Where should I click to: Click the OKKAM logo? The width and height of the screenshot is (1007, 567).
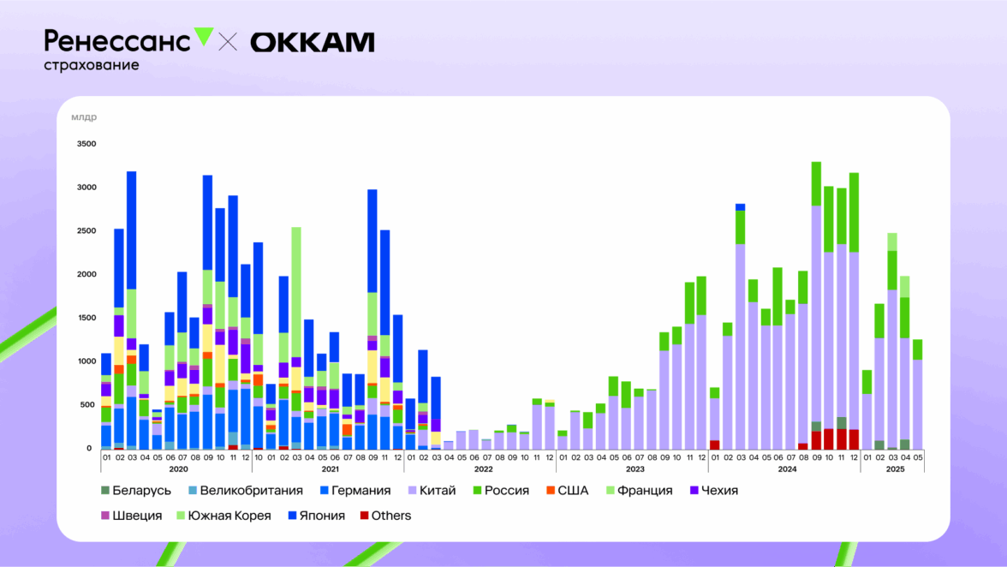313,42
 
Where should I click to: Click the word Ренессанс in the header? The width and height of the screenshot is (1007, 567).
117,40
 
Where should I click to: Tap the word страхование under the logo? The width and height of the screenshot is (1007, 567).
91,65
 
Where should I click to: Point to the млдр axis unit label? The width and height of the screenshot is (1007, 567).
84,117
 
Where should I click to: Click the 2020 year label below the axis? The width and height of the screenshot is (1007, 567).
178,469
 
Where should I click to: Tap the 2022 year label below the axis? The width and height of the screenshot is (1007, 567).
483,469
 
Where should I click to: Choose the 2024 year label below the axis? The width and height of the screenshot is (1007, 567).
787,469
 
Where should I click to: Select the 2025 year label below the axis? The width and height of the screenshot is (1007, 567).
895,469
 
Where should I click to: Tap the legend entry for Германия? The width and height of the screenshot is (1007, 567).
355,491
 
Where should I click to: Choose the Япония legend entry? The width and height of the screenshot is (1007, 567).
314,516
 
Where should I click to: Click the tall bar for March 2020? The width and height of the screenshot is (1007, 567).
132,308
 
